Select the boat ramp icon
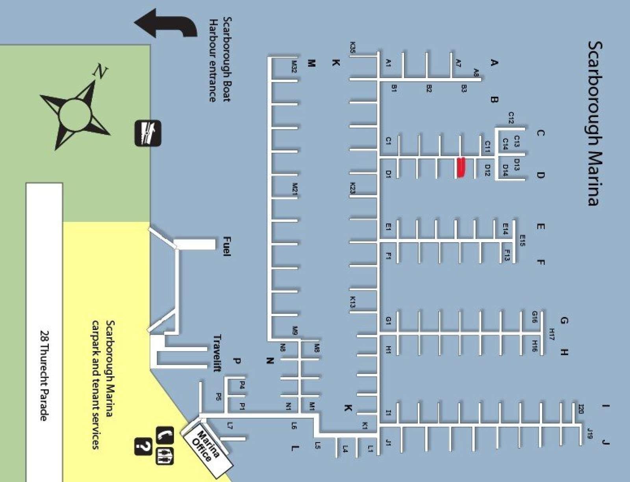click(148, 133)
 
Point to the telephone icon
click(165, 435)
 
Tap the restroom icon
click(165, 456)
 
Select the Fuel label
click(227, 246)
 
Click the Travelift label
click(217, 353)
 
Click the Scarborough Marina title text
click(595, 123)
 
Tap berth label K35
click(353, 48)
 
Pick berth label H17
click(552, 334)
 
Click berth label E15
click(522, 241)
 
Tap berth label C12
click(511, 118)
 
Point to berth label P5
click(219, 397)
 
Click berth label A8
click(476, 72)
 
